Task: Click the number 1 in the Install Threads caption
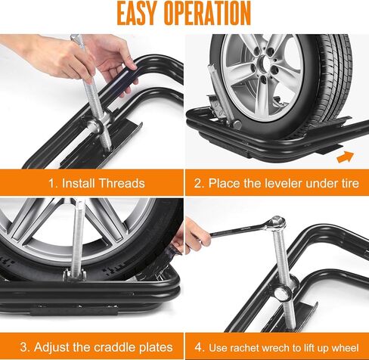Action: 51,183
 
